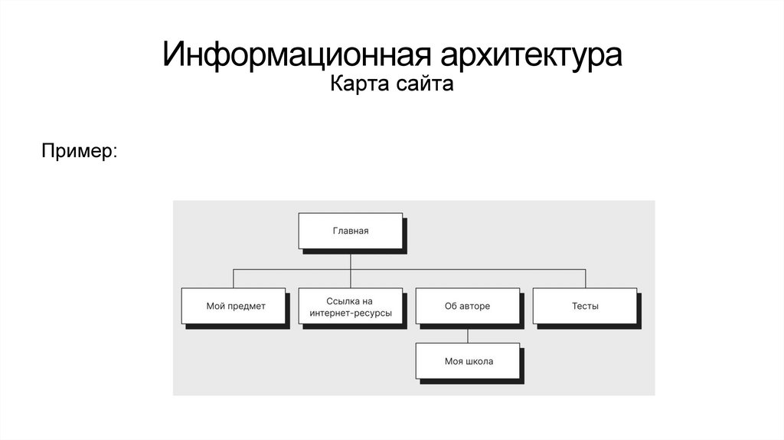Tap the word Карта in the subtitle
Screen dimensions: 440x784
tap(354, 84)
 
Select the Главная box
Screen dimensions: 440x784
tap(351, 231)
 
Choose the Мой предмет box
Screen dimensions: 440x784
tap(234, 306)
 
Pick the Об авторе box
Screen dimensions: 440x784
tap(467, 306)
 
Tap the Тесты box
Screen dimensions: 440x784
tap(584, 306)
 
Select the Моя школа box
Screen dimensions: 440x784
tap(468, 361)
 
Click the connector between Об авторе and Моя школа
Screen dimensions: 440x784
tap(467, 333)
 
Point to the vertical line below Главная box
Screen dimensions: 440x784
tap(351, 259)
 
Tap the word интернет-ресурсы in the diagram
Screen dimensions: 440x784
tap(351, 313)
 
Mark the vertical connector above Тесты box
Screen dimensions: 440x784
tap(584, 278)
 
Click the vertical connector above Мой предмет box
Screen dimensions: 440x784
tap(234, 278)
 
